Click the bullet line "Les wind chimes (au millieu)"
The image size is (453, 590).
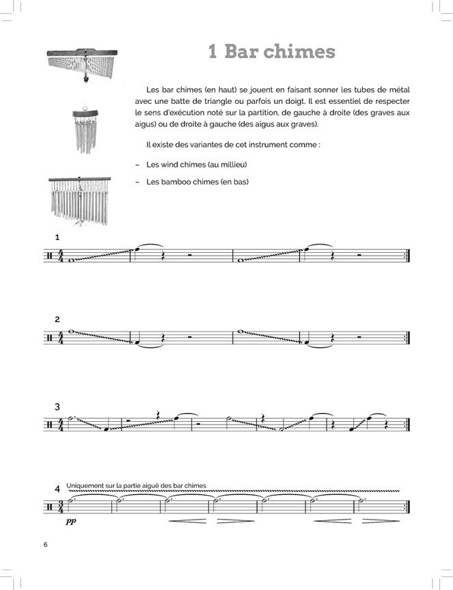(196, 165)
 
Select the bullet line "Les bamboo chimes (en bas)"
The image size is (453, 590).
(197, 182)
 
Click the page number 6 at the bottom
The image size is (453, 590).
(45, 544)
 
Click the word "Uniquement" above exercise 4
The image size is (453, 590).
(92, 486)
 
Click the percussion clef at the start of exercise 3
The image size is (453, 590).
(50, 425)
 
